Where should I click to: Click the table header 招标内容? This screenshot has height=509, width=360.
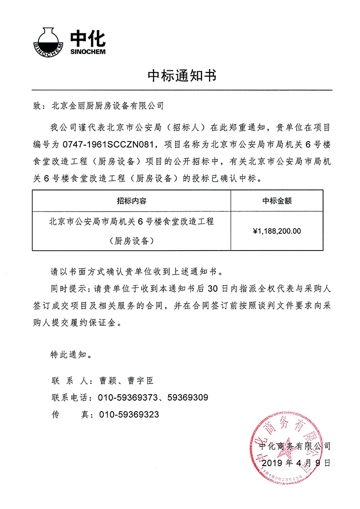click(131, 201)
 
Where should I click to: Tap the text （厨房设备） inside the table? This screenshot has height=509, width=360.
click(131, 241)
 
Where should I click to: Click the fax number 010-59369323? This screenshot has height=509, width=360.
click(129, 414)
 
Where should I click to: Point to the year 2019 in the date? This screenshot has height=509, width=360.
click(273, 463)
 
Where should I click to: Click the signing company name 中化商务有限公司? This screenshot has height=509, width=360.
click(295, 446)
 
